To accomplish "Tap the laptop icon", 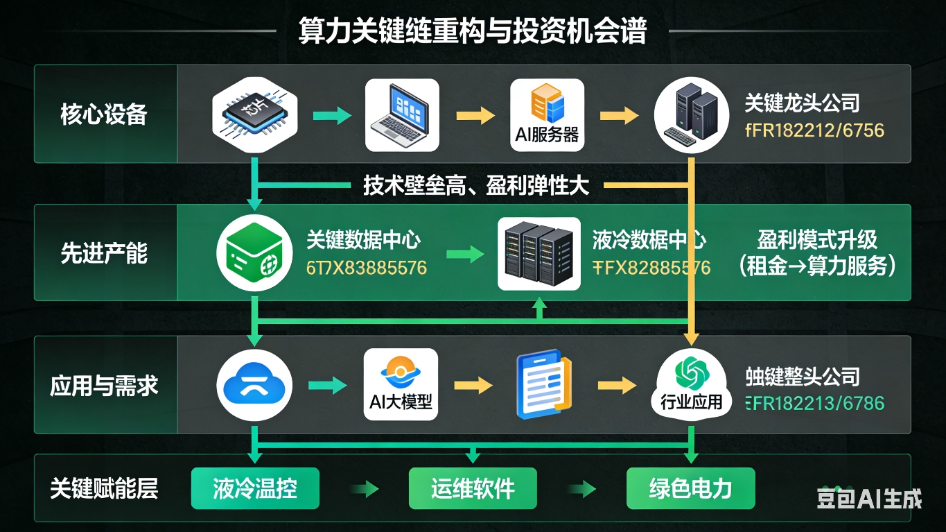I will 402,115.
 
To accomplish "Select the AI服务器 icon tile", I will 547,115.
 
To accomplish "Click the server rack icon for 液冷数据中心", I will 539,254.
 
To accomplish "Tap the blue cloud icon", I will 254,386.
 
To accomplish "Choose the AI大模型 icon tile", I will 401,385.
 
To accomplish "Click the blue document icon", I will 543,386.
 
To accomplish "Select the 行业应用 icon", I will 690,386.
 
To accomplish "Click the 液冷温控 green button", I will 255,489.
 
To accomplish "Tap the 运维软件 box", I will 473,489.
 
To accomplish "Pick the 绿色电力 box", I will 690,489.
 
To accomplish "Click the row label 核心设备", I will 104,114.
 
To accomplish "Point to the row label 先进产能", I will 104,254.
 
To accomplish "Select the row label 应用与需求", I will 104,386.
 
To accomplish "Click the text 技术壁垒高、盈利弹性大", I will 476,185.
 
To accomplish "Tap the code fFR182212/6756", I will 814,130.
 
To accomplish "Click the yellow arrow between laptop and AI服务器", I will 475,116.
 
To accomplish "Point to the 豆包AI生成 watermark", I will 869,499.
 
